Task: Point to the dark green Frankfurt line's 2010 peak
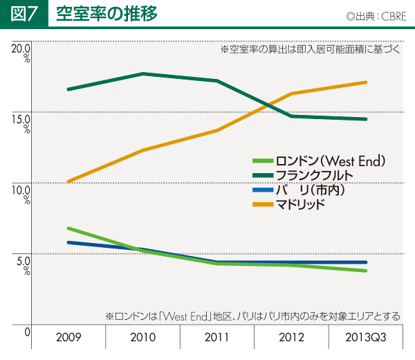[x=142, y=73]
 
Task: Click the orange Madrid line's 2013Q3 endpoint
[x=365, y=82]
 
